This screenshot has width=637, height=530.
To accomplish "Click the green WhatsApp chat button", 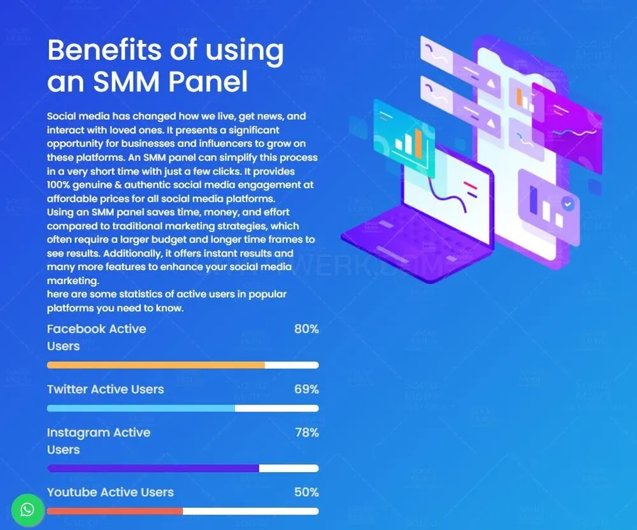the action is click(27, 510).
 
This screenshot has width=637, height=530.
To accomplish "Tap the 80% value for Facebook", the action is click(306, 329).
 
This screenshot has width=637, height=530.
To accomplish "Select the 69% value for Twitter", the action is click(306, 389).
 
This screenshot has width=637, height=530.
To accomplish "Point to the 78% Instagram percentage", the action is click(307, 433).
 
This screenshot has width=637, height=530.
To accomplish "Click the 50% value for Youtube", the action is click(306, 492).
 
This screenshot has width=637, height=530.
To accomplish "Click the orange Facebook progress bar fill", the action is click(156, 365).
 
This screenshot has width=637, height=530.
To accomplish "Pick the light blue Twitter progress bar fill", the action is click(141, 408).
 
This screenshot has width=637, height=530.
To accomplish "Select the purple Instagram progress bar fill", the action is click(153, 468).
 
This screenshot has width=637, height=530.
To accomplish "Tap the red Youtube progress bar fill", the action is click(115, 512).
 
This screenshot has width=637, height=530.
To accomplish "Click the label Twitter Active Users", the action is click(106, 389).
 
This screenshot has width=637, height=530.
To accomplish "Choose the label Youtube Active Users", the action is click(110, 492).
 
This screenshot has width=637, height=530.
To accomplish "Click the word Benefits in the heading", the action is click(104, 50).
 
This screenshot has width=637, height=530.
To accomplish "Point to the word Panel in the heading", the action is click(208, 82).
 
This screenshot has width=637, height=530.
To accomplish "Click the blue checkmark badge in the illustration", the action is click(568, 203).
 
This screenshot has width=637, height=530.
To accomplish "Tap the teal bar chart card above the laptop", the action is click(404, 138).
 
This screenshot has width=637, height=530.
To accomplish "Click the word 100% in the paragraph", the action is click(59, 185).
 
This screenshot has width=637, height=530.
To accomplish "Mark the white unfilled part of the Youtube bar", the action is click(250, 512).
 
